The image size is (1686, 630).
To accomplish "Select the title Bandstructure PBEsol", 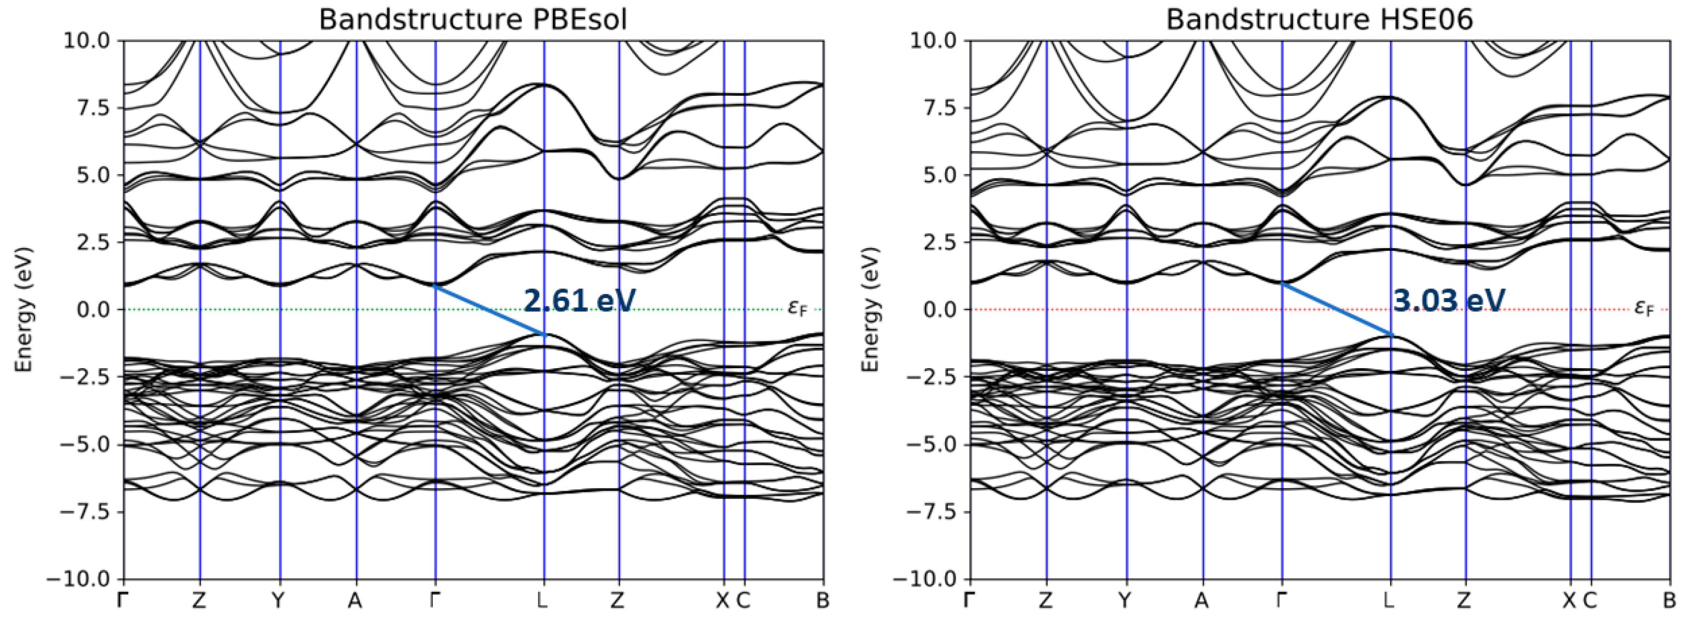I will pos(472,20).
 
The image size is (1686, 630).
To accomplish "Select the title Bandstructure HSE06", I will pos(1319,20).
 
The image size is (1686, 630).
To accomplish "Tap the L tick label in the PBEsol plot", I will pos(542,600).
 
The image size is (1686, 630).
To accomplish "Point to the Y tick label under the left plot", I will pos(279,600).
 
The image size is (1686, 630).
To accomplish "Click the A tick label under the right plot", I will pos(1201,600).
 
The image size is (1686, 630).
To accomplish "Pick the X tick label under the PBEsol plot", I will pos(722,600).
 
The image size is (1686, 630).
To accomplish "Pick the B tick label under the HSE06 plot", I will pos(1670,600).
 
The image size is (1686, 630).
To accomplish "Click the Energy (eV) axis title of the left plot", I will pos(24,310).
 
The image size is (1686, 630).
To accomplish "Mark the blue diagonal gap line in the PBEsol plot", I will pos(489,310).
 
